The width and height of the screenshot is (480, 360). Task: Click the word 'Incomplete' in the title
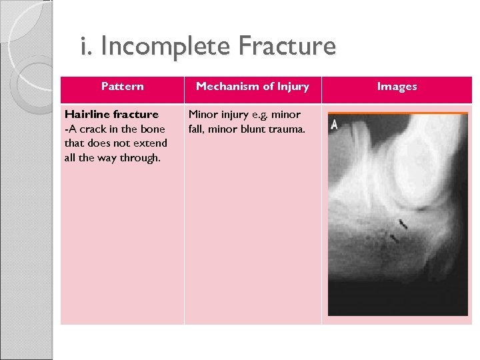[167, 47]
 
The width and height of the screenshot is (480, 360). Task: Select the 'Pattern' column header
[122, 86]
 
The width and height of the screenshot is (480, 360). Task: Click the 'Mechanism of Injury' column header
[252, 86]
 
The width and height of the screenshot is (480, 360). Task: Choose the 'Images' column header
[397, 86]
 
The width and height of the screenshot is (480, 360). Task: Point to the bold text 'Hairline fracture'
[111, 114]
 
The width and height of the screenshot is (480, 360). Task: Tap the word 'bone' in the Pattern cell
[151, 129]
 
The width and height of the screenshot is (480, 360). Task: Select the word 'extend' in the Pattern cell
[151, 143]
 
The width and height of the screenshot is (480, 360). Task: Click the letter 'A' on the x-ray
[333, 124]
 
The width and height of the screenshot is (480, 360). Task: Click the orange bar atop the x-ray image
[398, 113]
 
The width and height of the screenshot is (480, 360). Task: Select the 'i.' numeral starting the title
[84, 47]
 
